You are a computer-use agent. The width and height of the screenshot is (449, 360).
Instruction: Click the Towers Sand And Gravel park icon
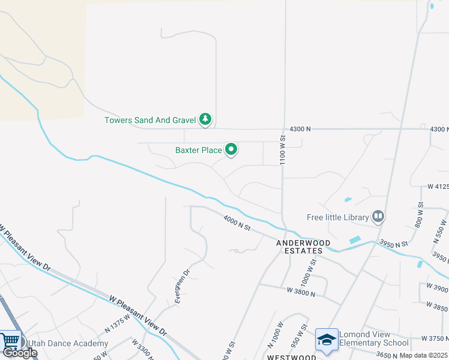coord(206,119)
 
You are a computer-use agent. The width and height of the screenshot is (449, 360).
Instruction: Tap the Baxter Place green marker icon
coord(231,150)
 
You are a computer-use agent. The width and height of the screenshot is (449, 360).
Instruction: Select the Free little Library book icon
coord(378,216)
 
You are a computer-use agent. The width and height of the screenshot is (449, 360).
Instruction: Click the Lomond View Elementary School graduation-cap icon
coord(327,340)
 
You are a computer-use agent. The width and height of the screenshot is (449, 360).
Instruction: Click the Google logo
coord(20,353)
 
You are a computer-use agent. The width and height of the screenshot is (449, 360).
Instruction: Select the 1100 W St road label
coord(282,150)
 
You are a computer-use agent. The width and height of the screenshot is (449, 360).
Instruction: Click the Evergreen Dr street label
coord(182,286)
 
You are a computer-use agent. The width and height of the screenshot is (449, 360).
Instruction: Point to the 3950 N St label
coord(393,243)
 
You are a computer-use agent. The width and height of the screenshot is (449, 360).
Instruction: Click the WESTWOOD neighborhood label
coord(291,357)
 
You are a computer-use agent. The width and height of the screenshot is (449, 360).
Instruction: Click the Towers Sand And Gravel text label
coord(151,120)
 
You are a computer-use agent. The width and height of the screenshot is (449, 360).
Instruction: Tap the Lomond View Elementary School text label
coord(374,339)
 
